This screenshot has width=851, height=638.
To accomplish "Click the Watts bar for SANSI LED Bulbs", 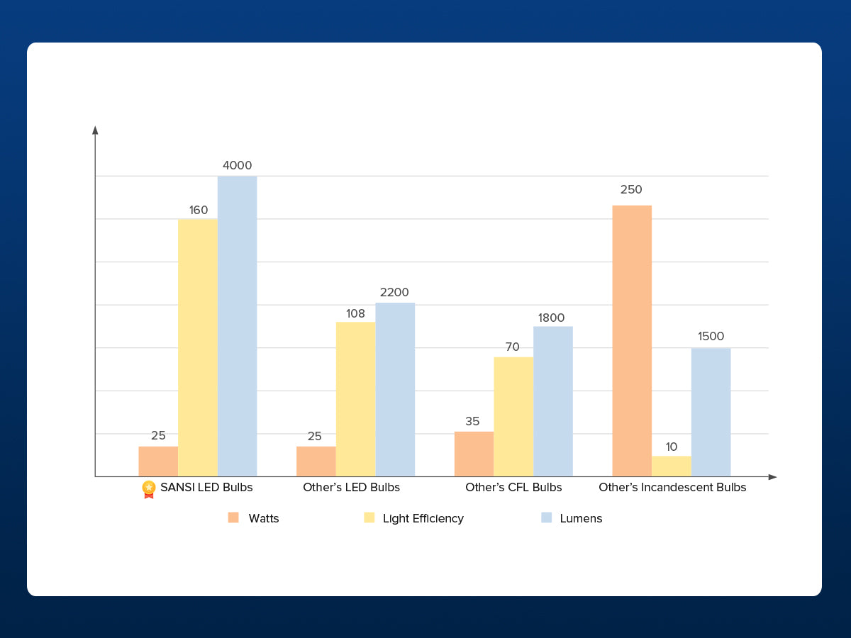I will (158, 461).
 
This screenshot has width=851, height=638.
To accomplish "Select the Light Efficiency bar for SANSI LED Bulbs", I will (198, 347).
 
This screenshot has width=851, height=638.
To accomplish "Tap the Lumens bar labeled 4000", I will (237, 326).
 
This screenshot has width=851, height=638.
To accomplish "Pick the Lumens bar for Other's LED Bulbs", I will (395, 389).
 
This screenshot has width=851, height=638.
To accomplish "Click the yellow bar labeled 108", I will (355, 399).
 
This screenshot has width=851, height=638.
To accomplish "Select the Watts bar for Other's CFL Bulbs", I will (474, 454).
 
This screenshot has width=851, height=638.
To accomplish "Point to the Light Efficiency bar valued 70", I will (513, 417).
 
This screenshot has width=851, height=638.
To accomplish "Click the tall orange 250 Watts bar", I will (632, 341).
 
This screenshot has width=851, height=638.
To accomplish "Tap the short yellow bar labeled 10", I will (672, 466).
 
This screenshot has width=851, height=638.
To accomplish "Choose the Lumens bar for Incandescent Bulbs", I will (711, 412).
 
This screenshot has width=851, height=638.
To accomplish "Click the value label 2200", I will (394, 292).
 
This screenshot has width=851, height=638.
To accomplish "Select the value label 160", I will (199, 211).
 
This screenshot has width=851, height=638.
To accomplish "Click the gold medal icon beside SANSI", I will (149, 488).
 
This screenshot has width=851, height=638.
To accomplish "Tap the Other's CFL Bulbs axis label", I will (513, 487).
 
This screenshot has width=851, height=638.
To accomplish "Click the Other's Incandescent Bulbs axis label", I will (672, 487).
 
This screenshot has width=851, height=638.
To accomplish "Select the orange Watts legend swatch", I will (233, 517).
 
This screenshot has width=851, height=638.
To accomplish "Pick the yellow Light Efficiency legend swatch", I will (369, 517).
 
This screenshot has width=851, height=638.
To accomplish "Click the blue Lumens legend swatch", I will (546, 517).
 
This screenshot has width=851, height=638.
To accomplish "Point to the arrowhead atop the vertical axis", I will (95, 130).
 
